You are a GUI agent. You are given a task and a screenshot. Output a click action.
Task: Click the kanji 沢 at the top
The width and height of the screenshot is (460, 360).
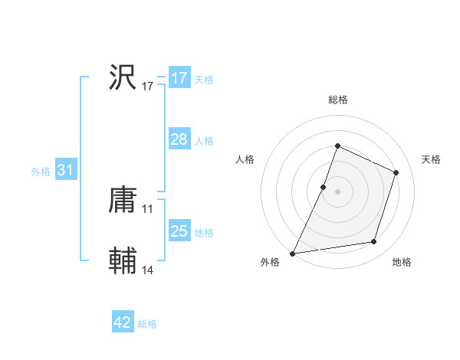pos(123,78)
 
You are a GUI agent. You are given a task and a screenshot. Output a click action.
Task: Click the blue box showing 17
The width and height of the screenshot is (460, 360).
pos(179,78)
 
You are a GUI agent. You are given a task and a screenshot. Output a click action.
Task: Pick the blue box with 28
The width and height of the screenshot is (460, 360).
pos(179,139)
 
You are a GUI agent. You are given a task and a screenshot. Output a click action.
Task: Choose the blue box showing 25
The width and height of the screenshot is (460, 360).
pos(179,231)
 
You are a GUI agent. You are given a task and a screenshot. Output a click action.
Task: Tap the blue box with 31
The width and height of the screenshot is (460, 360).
pos(65,171)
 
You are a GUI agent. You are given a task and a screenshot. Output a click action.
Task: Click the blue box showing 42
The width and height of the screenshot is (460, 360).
pos(123,322)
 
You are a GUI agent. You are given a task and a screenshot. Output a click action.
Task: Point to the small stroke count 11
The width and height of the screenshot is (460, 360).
pos(148,209)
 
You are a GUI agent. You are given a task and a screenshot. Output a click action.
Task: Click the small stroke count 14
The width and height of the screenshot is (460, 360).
pos(148,270)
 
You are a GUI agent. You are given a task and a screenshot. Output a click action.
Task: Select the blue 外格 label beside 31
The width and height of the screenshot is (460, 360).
pos(41,172)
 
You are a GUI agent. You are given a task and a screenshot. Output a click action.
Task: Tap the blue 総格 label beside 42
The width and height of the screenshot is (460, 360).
pos(147,324)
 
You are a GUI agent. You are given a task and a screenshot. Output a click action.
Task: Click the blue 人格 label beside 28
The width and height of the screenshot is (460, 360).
pos(204,141)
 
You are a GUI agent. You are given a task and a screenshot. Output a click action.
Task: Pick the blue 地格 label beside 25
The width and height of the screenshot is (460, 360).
pos(204,233)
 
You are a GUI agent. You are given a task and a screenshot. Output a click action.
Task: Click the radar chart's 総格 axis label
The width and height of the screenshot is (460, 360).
pos(337,100)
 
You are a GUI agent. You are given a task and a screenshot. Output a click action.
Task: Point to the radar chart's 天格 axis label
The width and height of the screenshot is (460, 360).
pos(431,159)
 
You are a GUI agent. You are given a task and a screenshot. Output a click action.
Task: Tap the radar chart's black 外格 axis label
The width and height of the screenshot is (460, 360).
pos(270,263)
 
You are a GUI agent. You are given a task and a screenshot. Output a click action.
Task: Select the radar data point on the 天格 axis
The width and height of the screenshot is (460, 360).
pos(396,172)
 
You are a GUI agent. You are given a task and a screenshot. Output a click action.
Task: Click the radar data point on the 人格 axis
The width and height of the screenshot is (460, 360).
pos(324,187)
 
